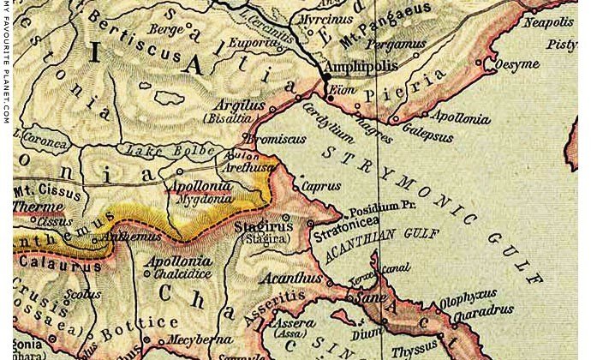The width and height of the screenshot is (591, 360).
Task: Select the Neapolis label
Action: [x=549, y=21]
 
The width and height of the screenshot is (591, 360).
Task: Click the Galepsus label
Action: [x=421, y=131]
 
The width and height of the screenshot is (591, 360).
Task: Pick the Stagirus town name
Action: [x=263, y=227]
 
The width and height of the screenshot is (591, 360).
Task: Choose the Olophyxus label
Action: [x=469, y=300]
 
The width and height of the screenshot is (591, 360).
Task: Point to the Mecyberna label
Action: [x=206, y=339]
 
